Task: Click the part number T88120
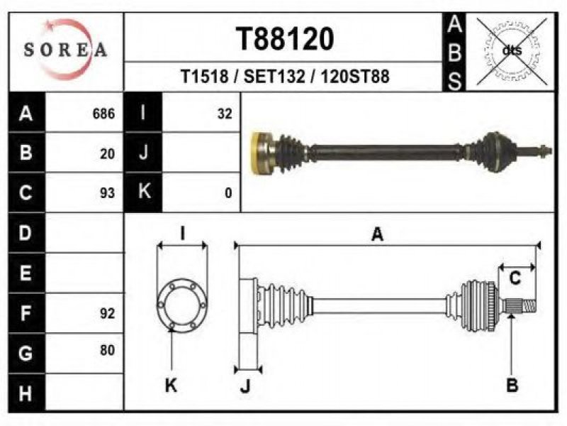click(x=285, y=39)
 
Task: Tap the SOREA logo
click(x=65, y=50)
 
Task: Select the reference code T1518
click(x=204, y=77)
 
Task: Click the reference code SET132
click(x=274, y=77)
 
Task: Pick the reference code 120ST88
click(x=355, y=77)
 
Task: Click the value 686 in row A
click(x=103, y=114)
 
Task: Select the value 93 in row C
click(x=108, y=193)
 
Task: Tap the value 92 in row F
click(x=108, y=313)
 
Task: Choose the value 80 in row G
click(x=108, y=350)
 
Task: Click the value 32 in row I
click(x=225, y=114)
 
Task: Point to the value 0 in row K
click(x=228, y=193)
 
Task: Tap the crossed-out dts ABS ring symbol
click(x=512, y=50)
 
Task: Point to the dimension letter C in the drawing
click(x=515, y=278)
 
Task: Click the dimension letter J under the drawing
click(x=245, y=386)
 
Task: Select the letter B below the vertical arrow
click(x=512, y=385)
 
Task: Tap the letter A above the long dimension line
click(x=377, y=234)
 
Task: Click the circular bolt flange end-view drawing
click(x=182, y=305)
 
